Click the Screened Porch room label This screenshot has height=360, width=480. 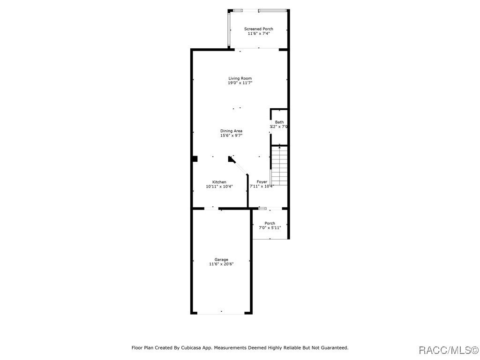click(259, 29)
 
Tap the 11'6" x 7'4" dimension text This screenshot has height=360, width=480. click(259, 34)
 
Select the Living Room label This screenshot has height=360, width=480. click(240, 78)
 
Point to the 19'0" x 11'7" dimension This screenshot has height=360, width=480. click(240, 83)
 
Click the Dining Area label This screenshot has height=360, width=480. click(232, 131)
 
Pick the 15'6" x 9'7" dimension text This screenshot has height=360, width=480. click(232, 136)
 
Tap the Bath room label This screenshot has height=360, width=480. click(279, 122)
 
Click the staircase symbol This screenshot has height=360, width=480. click(279, 165)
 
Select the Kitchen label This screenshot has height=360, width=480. click(219, 182)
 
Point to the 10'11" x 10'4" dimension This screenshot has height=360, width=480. click(219, 187)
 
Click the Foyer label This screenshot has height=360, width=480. click(262, 182)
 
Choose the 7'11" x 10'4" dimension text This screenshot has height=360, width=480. click(262, 187)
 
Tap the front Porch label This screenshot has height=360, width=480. click(270, 223)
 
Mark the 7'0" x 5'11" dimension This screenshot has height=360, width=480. click(270, 228)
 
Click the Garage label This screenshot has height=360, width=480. click(221, 259)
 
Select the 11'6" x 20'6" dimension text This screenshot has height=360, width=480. click(221, 264)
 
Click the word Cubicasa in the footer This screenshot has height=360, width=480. click(191, 348)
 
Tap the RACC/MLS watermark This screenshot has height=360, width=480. click(448, 350)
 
